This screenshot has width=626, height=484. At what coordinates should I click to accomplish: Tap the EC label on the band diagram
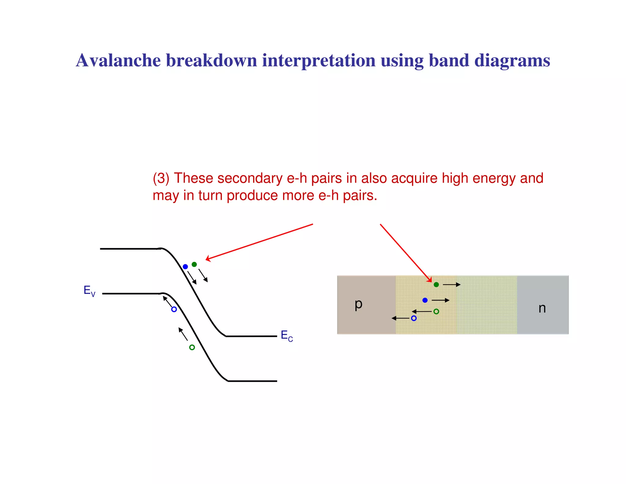[x=286, y=336]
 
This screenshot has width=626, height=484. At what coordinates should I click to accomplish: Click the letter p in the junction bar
[x=358, y=304]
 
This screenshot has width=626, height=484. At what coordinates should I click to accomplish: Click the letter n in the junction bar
[x=542, y=308]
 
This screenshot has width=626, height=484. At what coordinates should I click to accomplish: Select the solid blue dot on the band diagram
[x=185, y=266]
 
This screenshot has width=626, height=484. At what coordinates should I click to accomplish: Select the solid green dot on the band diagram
[x=194, y=264]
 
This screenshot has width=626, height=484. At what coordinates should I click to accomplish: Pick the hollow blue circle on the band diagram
[x=174, y=309]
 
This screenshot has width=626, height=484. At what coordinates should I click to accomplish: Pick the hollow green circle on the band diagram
[x=192, y=347]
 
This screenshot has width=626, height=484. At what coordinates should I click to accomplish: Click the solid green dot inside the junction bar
[x=436, y=285]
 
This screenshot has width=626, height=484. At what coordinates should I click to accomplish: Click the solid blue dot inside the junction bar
[x=425, y=300]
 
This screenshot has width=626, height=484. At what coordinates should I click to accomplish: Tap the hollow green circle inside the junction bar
[x=436, y=311]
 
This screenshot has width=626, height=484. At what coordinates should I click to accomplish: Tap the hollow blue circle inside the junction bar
[x=414, y=318]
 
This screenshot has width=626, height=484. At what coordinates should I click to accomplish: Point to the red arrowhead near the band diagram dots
[x=208, y=259]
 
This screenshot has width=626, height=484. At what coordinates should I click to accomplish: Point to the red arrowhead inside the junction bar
[x=429, y=280]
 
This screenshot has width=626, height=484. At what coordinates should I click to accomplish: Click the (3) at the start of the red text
[x=161, y=178]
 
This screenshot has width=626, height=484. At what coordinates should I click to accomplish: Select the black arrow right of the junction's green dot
[x=451, y=285]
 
